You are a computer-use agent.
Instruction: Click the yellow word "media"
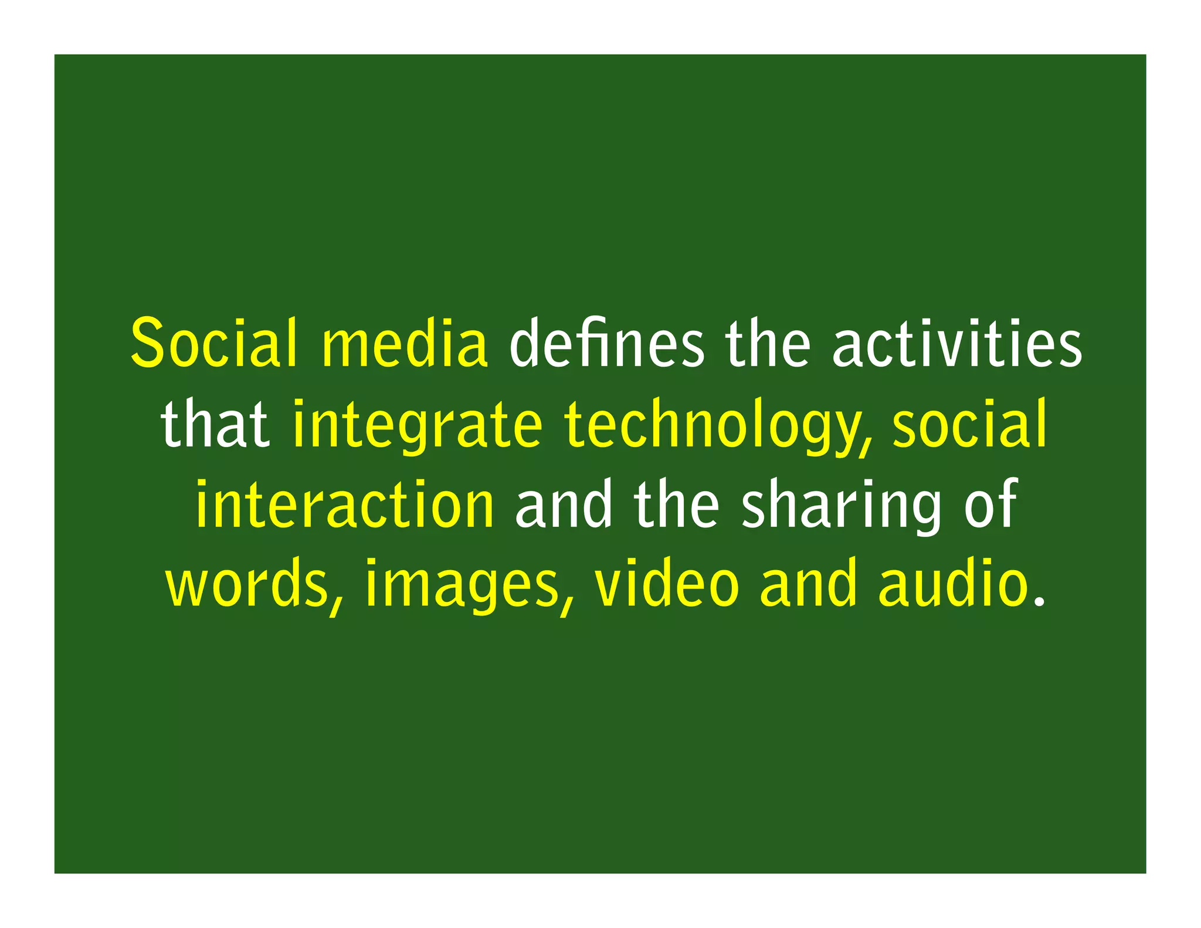[x=405, y=344]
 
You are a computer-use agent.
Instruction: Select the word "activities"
[x=956, y=344]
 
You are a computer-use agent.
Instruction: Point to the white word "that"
[x=215, y=424]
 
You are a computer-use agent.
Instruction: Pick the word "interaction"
[x=345, y=503]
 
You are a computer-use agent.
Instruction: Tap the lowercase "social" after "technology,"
[x=969, y=424]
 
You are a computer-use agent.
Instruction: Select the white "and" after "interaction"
[x=564, y=503]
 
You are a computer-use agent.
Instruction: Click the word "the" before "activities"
[x=768, y=344]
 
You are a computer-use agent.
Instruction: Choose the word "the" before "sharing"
[x=676, y=503]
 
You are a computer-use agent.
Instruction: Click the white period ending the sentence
[x=1040, y=601]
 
